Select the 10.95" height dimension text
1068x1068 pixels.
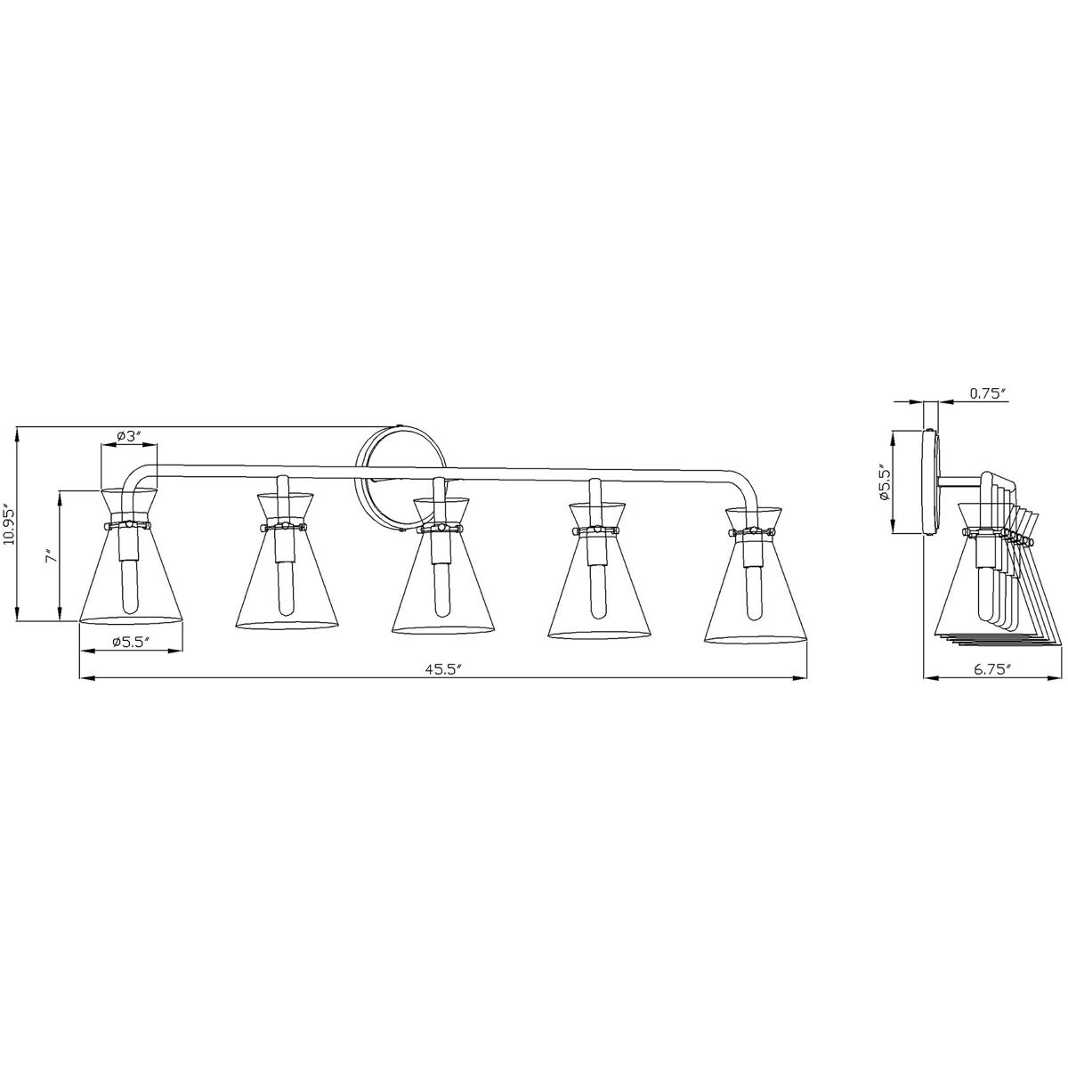click(x=10, y=525)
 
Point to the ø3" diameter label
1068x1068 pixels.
click(x=130, y=436)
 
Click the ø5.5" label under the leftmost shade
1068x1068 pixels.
click(x=130, y=642)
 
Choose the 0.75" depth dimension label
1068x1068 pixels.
click(x=986, y=392)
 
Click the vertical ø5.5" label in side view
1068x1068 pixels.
click(x=885, y=483)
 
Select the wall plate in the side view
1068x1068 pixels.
click(x=931, y=482)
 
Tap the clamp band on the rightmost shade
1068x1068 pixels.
click(x=755, y=533)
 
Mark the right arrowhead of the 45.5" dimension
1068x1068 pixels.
click(x=800, y=679)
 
